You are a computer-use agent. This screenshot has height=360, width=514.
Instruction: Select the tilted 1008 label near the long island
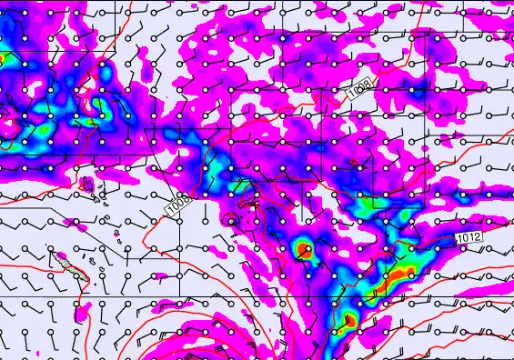pos(176,205)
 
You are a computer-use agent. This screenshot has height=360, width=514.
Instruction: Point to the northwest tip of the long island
pos(57,255)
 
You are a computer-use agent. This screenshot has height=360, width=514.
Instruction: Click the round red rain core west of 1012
pos(304,248)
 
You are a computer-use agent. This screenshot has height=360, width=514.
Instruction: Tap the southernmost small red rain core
pos(348,319)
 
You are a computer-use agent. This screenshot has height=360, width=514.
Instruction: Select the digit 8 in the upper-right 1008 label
pos(368,84)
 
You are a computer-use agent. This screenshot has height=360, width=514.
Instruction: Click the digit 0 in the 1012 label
pos(465,237)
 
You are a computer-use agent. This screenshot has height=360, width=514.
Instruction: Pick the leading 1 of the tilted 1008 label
pos(169,212)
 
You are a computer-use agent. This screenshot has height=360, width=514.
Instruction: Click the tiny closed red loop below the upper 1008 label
pos(354,164)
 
